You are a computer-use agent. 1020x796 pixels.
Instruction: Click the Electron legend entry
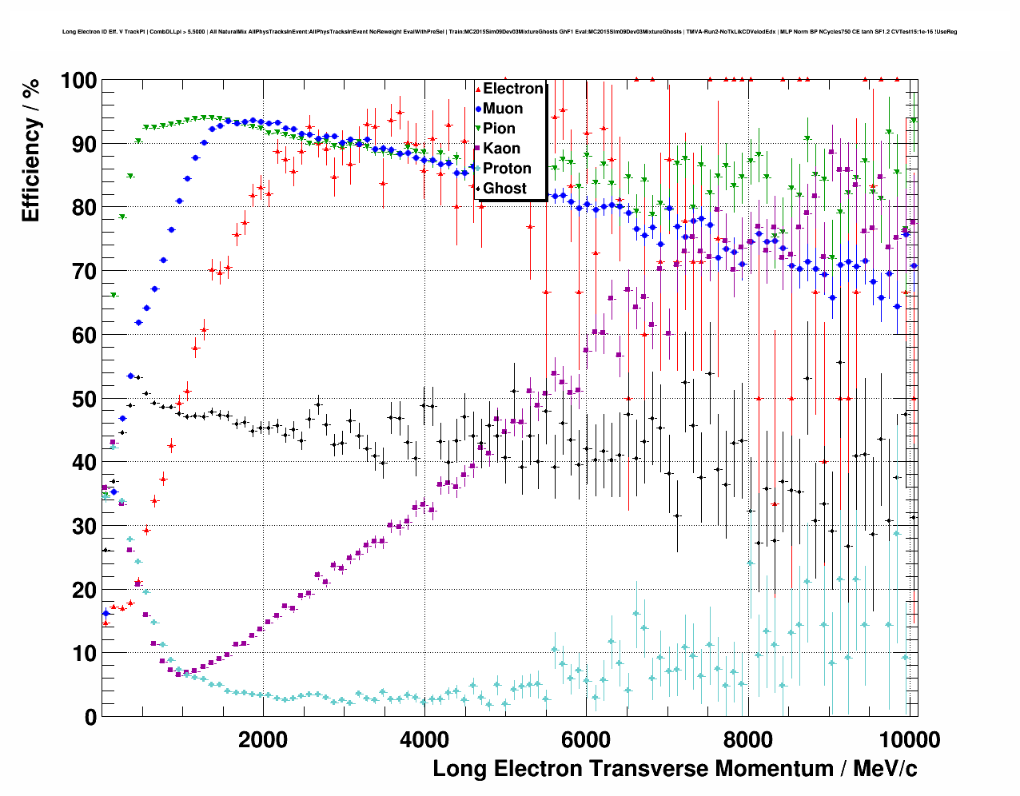tap(512, 89)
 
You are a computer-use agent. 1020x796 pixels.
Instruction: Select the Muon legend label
tap(503, 109)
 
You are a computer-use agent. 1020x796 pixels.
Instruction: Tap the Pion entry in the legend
tap(499, 129)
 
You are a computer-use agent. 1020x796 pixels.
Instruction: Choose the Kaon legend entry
tap(501, 149)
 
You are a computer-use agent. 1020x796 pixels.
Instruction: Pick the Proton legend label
tap(507, 169)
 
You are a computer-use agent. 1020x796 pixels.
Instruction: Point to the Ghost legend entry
tap(504, 189)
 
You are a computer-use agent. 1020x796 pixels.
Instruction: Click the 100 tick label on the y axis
tap(78, 81)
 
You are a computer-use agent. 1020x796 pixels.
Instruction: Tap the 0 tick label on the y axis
tap(90, 717)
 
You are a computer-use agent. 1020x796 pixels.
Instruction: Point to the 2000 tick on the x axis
tap(263, 739)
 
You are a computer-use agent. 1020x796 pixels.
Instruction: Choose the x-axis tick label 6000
tap(586, 739)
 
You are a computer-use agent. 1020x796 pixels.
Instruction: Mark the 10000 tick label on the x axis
tap(907, 739)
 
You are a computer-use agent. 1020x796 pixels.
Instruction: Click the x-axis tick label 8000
tap(747, 739)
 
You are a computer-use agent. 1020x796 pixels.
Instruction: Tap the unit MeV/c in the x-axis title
tap(885, 769)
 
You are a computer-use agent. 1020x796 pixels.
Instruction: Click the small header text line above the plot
tap(509, 32)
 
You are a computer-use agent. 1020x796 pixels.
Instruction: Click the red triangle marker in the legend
tap(478, 89)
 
